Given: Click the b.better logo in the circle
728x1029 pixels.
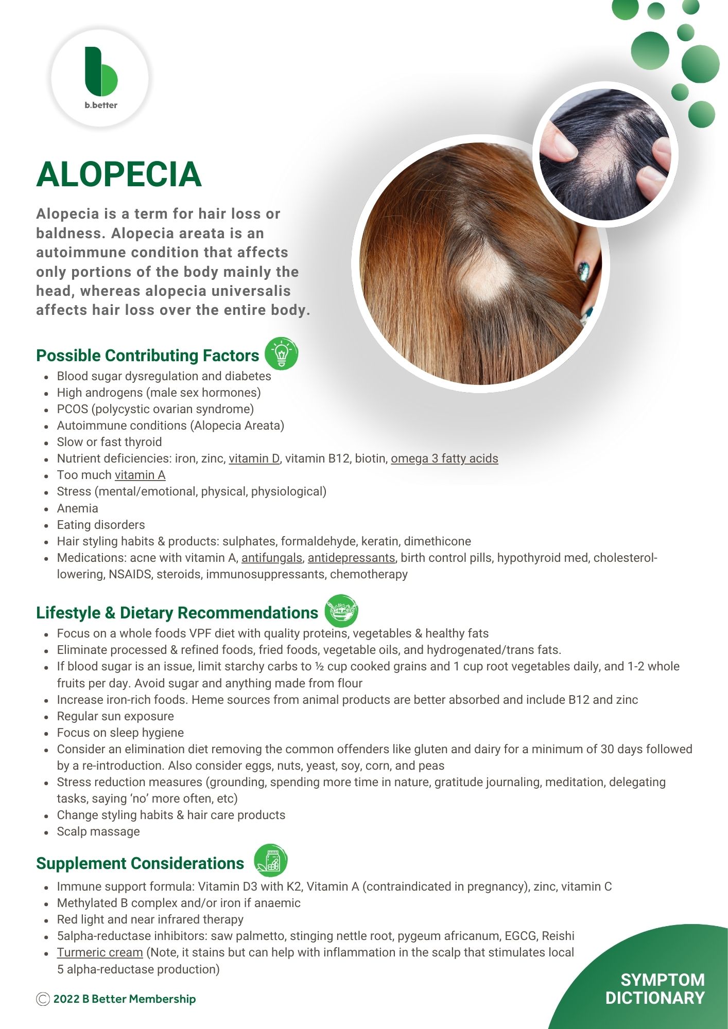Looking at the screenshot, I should click(x=101, y=77).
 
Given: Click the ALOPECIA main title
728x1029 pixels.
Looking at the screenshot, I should click(x=119, y=174).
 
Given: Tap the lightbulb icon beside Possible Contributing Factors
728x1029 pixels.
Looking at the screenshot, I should click(x=281, y=354).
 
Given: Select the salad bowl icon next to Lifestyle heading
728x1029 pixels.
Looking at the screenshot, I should click(x=341, y=611).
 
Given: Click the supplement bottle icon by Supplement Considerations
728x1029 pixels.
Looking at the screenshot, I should click(x=271, y=860).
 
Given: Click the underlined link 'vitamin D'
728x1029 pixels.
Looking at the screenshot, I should click(x=254, y=458).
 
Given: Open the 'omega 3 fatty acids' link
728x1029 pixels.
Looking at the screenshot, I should click(x=444, y=458).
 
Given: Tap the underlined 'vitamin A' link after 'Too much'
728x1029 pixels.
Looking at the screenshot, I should click(x=140, y=475).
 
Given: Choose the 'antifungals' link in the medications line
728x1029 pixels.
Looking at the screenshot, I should click(x=272, y=558).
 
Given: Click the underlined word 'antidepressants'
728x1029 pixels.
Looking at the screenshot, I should click(x=351, y=558).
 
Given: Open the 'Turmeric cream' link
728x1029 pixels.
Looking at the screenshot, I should click(x=100, y=952).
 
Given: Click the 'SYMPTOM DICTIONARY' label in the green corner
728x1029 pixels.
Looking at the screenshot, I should click(x=655, y=988).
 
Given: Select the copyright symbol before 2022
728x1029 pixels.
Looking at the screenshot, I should click(x=43, y=999).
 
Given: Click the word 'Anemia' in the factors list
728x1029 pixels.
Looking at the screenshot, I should click(x=78, y=508).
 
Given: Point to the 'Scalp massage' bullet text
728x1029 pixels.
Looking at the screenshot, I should click(x=98, y=831).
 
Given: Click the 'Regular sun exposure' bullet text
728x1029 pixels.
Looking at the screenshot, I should click(x=115, y=716).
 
